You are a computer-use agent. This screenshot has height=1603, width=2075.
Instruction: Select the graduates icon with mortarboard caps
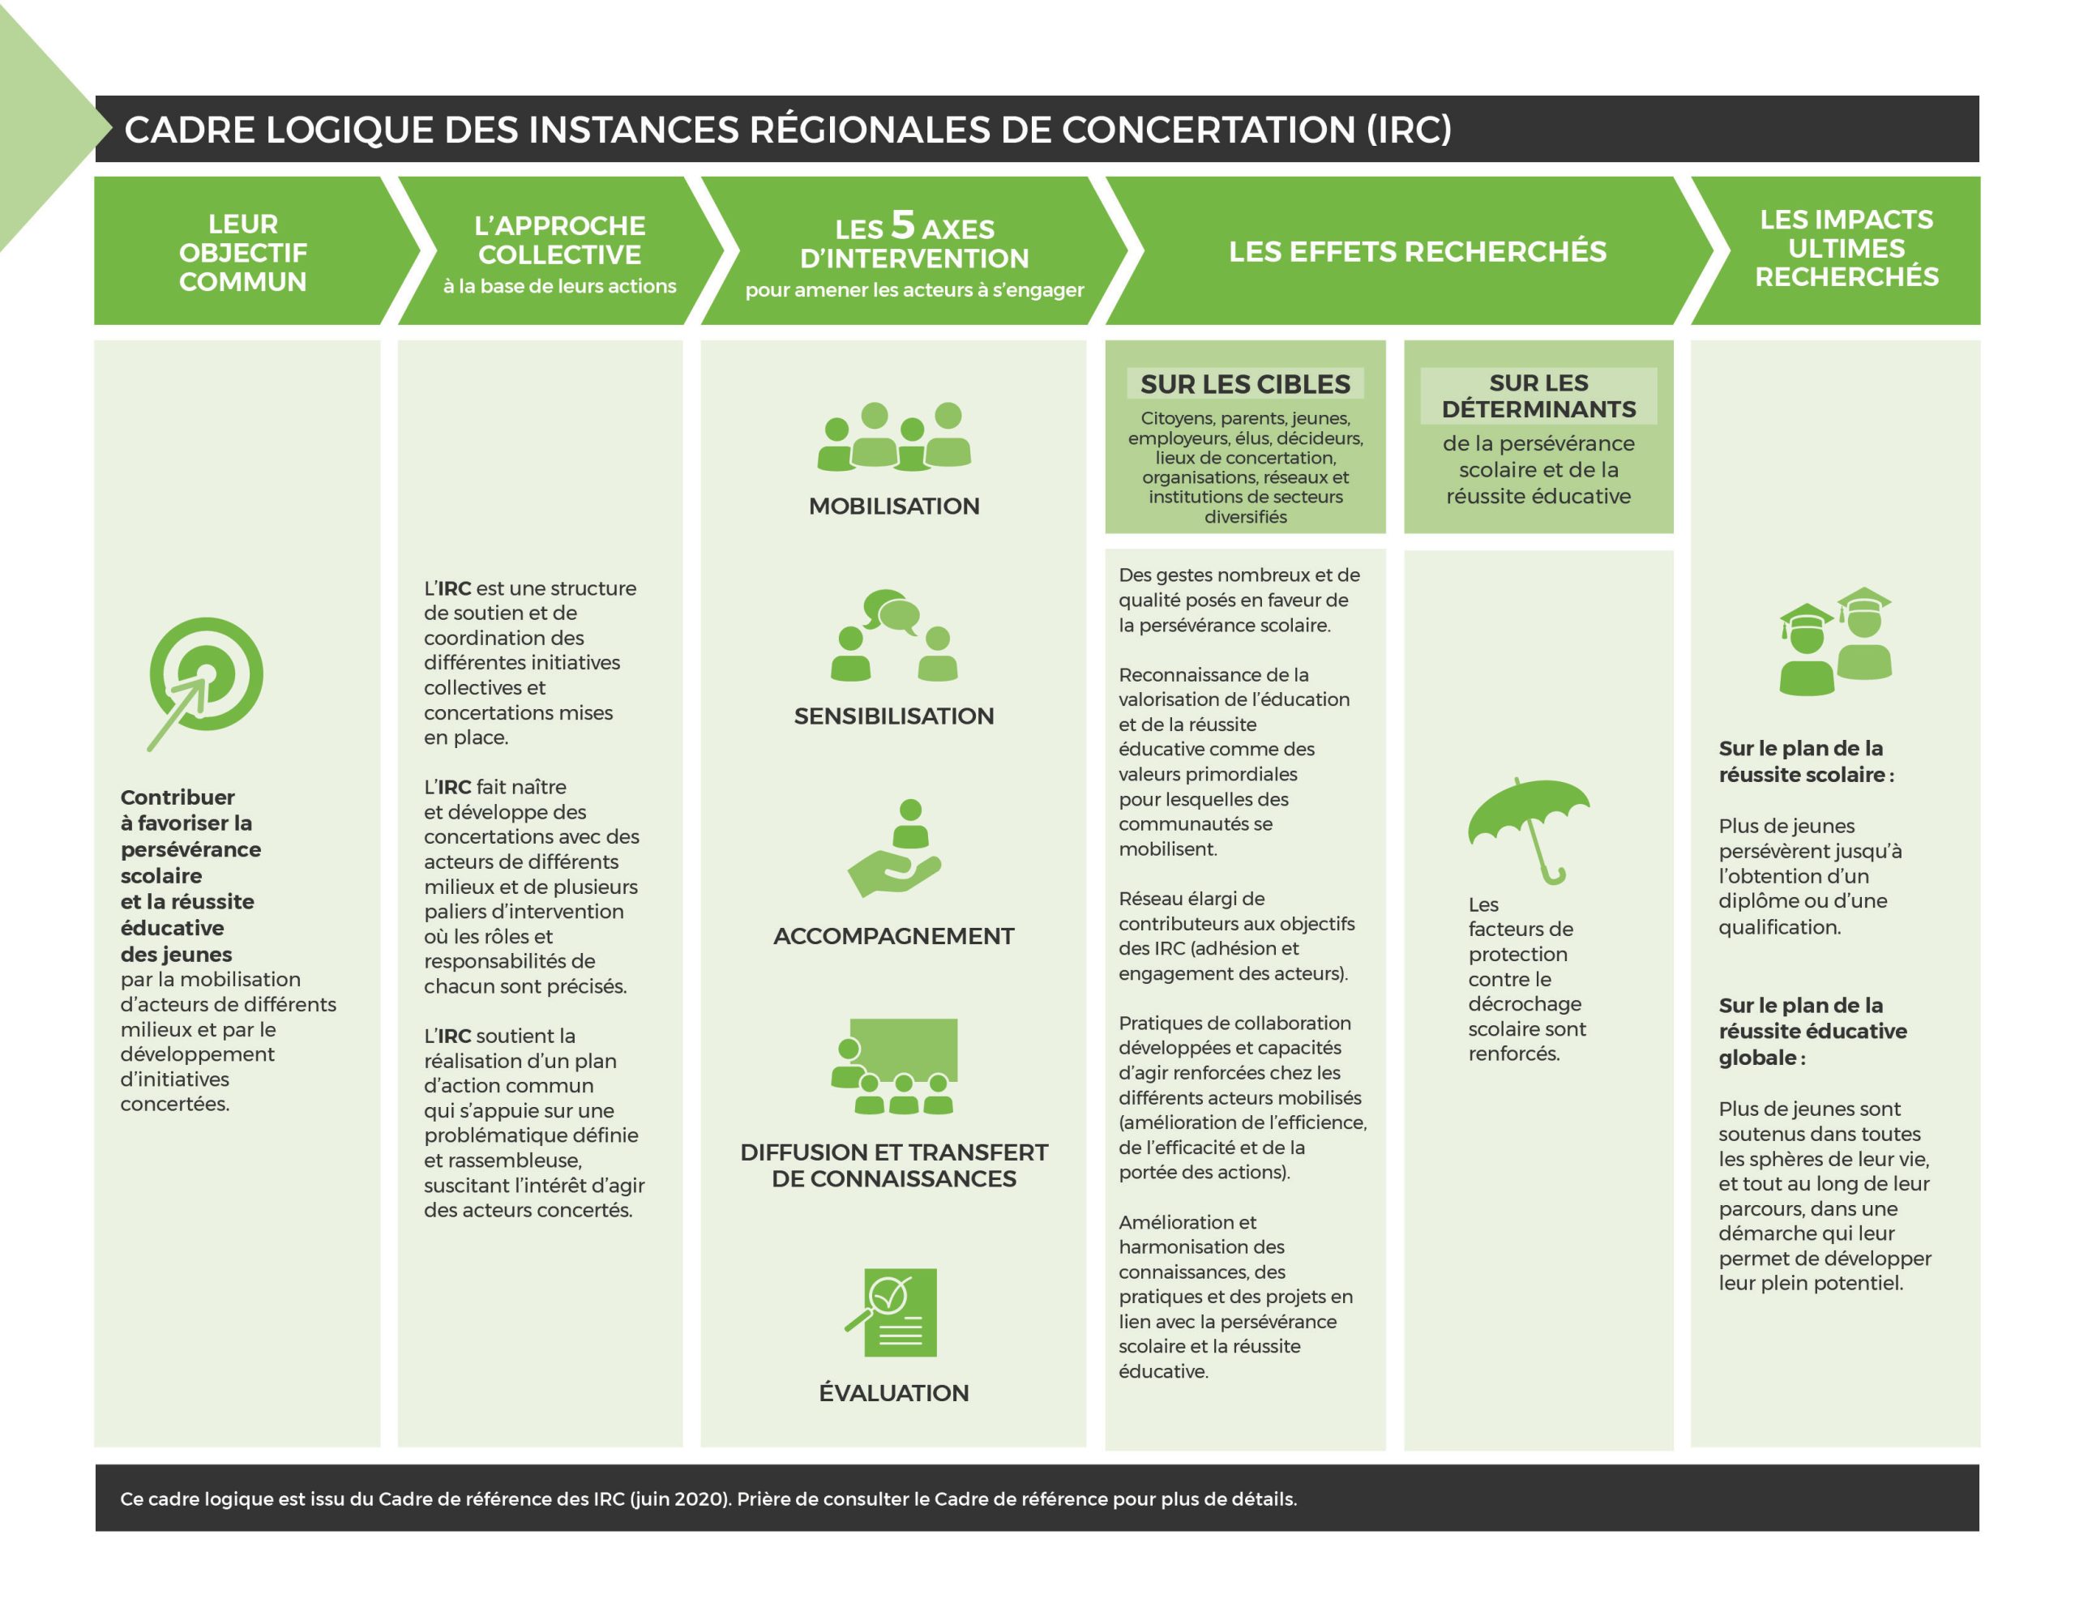pos(1834,640)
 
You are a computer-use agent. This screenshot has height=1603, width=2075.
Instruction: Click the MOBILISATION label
pos(893,507)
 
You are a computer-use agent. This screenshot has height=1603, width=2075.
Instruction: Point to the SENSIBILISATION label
pos(893,716)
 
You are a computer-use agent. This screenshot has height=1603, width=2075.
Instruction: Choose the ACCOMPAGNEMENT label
pos(893,937)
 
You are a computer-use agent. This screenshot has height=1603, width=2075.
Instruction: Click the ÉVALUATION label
pos(893,1393)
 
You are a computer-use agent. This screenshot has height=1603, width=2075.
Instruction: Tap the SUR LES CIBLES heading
pos(1245,385)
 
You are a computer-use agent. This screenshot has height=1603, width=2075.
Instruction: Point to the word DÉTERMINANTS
pos(1538,409)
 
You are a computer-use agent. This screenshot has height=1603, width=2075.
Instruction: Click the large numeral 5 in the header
pos(903,225)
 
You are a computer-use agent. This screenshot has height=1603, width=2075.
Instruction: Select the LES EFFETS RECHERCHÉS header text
pos(1417,252)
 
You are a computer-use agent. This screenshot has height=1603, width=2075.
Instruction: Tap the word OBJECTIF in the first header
pos(243,253)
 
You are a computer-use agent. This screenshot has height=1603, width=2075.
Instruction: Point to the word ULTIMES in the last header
pos(1846,248)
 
